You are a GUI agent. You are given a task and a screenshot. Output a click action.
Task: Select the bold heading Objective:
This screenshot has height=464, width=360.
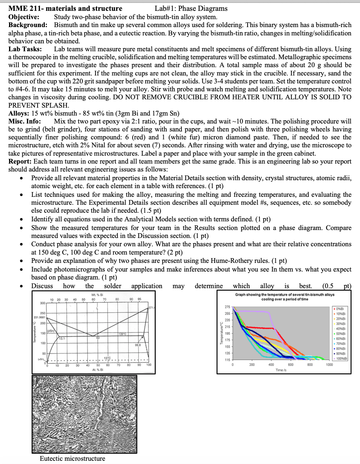tap(24, 17)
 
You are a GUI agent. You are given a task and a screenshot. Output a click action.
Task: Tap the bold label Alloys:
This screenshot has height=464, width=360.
tap(18, 113)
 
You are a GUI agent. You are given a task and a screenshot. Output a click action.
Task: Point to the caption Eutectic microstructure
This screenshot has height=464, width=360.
tap(72, 459)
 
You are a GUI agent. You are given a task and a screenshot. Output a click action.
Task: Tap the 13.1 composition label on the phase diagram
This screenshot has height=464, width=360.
tap(62, 338)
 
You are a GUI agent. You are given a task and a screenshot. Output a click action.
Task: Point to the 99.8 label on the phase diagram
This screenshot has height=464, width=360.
tap(137, 345)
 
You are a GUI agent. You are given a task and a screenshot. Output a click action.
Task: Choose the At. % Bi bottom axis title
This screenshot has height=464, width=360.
tap(97, 370)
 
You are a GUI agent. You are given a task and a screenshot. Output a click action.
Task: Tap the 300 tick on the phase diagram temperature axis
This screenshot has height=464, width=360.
tap(43, 303)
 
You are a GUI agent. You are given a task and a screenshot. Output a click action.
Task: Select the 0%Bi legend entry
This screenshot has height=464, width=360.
tap(340, 309)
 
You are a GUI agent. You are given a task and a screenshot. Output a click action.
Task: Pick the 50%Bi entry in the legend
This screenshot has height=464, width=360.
tap(340, 334)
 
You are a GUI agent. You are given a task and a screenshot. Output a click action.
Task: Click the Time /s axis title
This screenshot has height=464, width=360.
tap(281, 370)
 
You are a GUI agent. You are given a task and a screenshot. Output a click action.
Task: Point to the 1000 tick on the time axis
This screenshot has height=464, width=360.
tap(329, 365)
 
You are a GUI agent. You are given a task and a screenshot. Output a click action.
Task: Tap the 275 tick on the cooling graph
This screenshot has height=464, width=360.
tap(227, 307)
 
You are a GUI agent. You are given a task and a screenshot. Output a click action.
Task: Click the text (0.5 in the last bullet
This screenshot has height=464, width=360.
tap(328, 286)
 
